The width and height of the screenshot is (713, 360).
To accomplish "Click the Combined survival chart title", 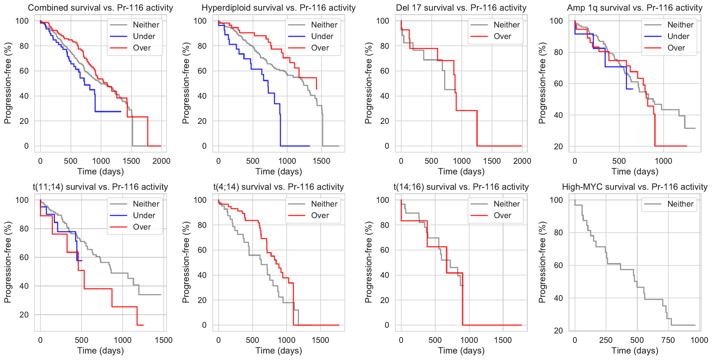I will click(x=100, y=8).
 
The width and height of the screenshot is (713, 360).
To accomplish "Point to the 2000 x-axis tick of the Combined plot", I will click(x=161, y=161).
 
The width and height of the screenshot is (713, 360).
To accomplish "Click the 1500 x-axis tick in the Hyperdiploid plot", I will click(x=321, y=161).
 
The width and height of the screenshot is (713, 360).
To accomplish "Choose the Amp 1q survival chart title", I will click(x=635, y=8).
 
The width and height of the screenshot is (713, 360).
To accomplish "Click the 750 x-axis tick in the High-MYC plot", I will click(x=668, y=340).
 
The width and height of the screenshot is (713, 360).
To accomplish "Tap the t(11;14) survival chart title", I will click(x=100, y=187).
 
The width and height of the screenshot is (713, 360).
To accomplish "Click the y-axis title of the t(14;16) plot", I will click(x=368, y=262).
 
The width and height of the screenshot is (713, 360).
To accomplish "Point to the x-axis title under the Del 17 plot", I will click(x=461, y=171).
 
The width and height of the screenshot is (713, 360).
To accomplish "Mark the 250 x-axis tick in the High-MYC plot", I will click(x=606, y=340).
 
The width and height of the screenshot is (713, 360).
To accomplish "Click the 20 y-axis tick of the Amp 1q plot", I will click(x=558, y=147).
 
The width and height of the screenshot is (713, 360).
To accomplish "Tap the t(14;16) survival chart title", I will click(x=461, y=187).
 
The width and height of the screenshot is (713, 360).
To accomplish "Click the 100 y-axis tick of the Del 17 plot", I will click(x=383, y=21).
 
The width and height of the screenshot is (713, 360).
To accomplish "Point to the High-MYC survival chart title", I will click(x=635, y=187).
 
